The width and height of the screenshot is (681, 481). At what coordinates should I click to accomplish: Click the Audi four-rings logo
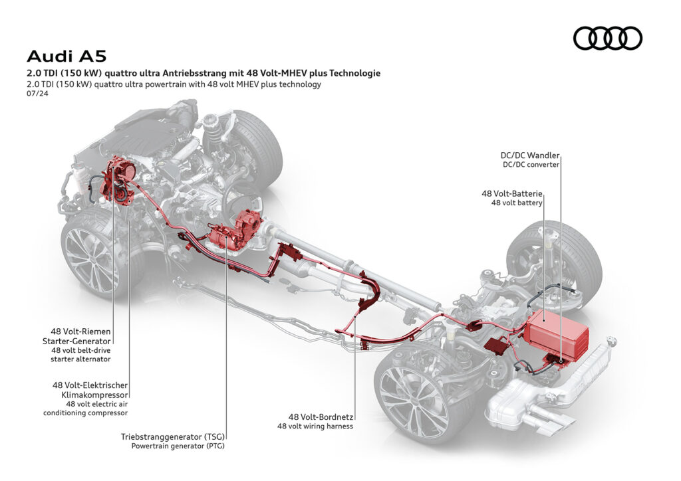(607, 38)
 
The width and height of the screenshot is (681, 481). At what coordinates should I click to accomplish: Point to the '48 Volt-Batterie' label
(512, 193)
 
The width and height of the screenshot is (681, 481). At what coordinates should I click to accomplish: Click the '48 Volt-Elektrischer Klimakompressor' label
(90, 389)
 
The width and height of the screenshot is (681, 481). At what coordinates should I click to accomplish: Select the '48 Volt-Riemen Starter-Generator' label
(80, 336)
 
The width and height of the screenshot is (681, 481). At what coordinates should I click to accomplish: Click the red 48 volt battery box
(555, 332)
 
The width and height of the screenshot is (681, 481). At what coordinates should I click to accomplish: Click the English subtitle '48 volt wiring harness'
(315, 427)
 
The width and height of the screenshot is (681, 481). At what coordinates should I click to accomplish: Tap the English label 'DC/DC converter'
(530, 164)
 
